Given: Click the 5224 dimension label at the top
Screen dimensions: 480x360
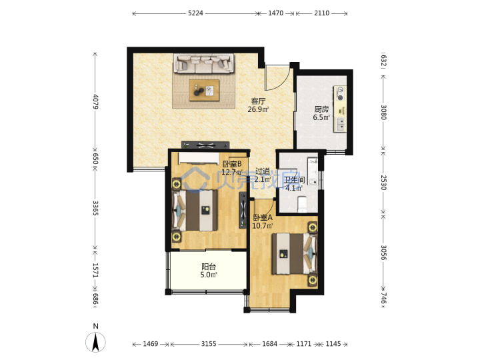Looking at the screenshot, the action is click(x=195, y=13).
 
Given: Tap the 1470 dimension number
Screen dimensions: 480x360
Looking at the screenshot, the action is click(x=275, y=13).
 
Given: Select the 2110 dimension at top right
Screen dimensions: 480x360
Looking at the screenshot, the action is click(x=321, y=13).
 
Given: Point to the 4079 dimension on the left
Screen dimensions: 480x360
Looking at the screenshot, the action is click(x=95, y=101).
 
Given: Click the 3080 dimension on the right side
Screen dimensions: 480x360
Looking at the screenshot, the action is click(x=383, y=113).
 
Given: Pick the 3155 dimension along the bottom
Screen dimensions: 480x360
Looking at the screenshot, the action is click(x=209, y=344).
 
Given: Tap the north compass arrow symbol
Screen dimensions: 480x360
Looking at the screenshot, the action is click(x=95, y=341).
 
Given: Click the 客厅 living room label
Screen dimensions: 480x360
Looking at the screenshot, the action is click(x=258, y=101).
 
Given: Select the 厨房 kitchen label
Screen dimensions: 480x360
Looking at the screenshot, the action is click(x=321, y=109).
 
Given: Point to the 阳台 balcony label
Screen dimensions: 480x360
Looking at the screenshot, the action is click(x=209, y=267).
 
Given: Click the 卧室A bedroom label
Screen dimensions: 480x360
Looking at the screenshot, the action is click(x=263, y=217).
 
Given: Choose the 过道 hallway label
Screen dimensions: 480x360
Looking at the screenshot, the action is click(x=263, y=171).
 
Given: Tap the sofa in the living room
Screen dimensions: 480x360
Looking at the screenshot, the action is click(x=204, y=64).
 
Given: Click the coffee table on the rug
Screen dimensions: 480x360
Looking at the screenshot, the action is click(x=204, y=90).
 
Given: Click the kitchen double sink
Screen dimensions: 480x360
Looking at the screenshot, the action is click(x=340, y=124).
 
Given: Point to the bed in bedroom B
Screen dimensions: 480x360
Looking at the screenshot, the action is click(x=195, y=211).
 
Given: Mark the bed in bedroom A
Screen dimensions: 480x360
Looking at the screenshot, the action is click(x=295, y=254).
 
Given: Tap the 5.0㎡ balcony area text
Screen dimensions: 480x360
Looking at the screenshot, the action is click(x=209, y=275).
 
